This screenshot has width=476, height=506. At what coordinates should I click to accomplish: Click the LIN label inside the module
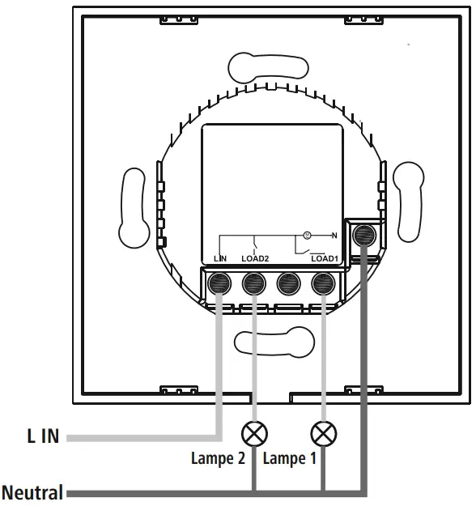(220, 259)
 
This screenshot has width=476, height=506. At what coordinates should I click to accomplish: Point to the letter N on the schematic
(333, 236)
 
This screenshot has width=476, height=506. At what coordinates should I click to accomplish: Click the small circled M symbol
(307, 236)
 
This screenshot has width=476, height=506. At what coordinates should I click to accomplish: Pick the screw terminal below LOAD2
(254, 283)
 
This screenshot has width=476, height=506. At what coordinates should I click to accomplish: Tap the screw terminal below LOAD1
(324, 283)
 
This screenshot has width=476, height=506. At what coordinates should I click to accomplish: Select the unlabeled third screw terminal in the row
(289, 283)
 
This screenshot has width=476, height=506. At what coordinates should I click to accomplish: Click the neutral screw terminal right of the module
(365, 236)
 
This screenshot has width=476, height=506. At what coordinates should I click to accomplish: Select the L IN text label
(39, 437)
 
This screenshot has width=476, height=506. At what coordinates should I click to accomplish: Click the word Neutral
(33, 491)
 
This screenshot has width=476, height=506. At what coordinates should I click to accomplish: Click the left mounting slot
(134, 206)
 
